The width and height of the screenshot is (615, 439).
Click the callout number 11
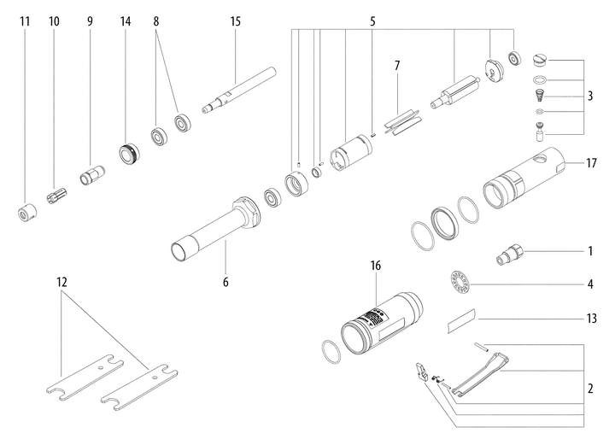(x=25, y=20)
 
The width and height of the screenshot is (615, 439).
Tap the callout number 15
(x=236, y=20)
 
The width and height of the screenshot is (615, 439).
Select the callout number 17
(x=593, y=162)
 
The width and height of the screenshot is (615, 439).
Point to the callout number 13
(x=593, y=319)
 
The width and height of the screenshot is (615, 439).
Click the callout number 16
(x=375, y=266)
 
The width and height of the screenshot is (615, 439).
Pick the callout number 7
(x=396, y=65)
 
